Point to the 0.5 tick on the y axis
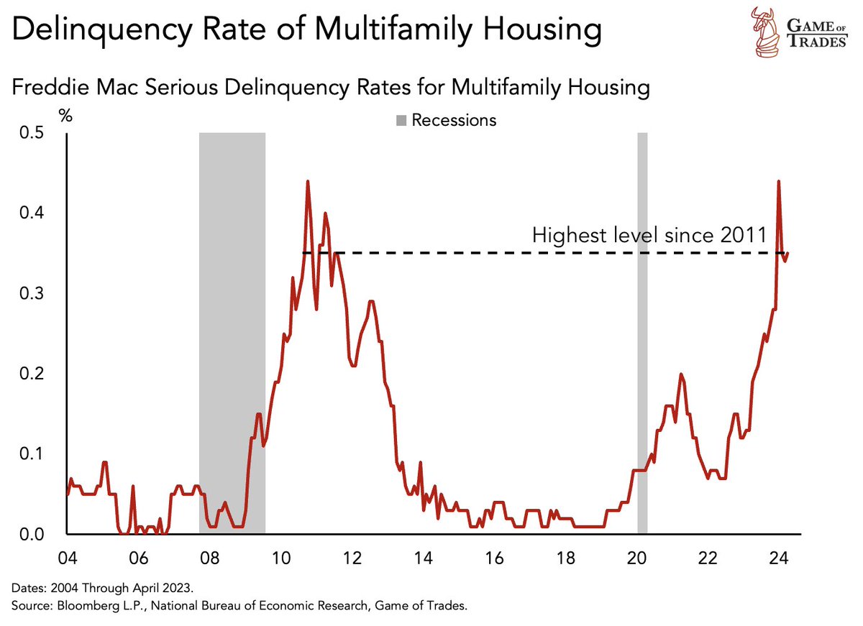click(x=33, y=134)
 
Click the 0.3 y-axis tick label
click(x=33, y=294)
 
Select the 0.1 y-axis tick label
click(x=33, y=454)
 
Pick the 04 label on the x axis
click(x=67, y=558)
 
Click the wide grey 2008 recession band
click(x=232, y=331)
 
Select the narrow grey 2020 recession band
click(x=642, y=331)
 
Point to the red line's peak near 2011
click(x=308, y=181)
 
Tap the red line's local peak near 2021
click(x=681, y=374)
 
